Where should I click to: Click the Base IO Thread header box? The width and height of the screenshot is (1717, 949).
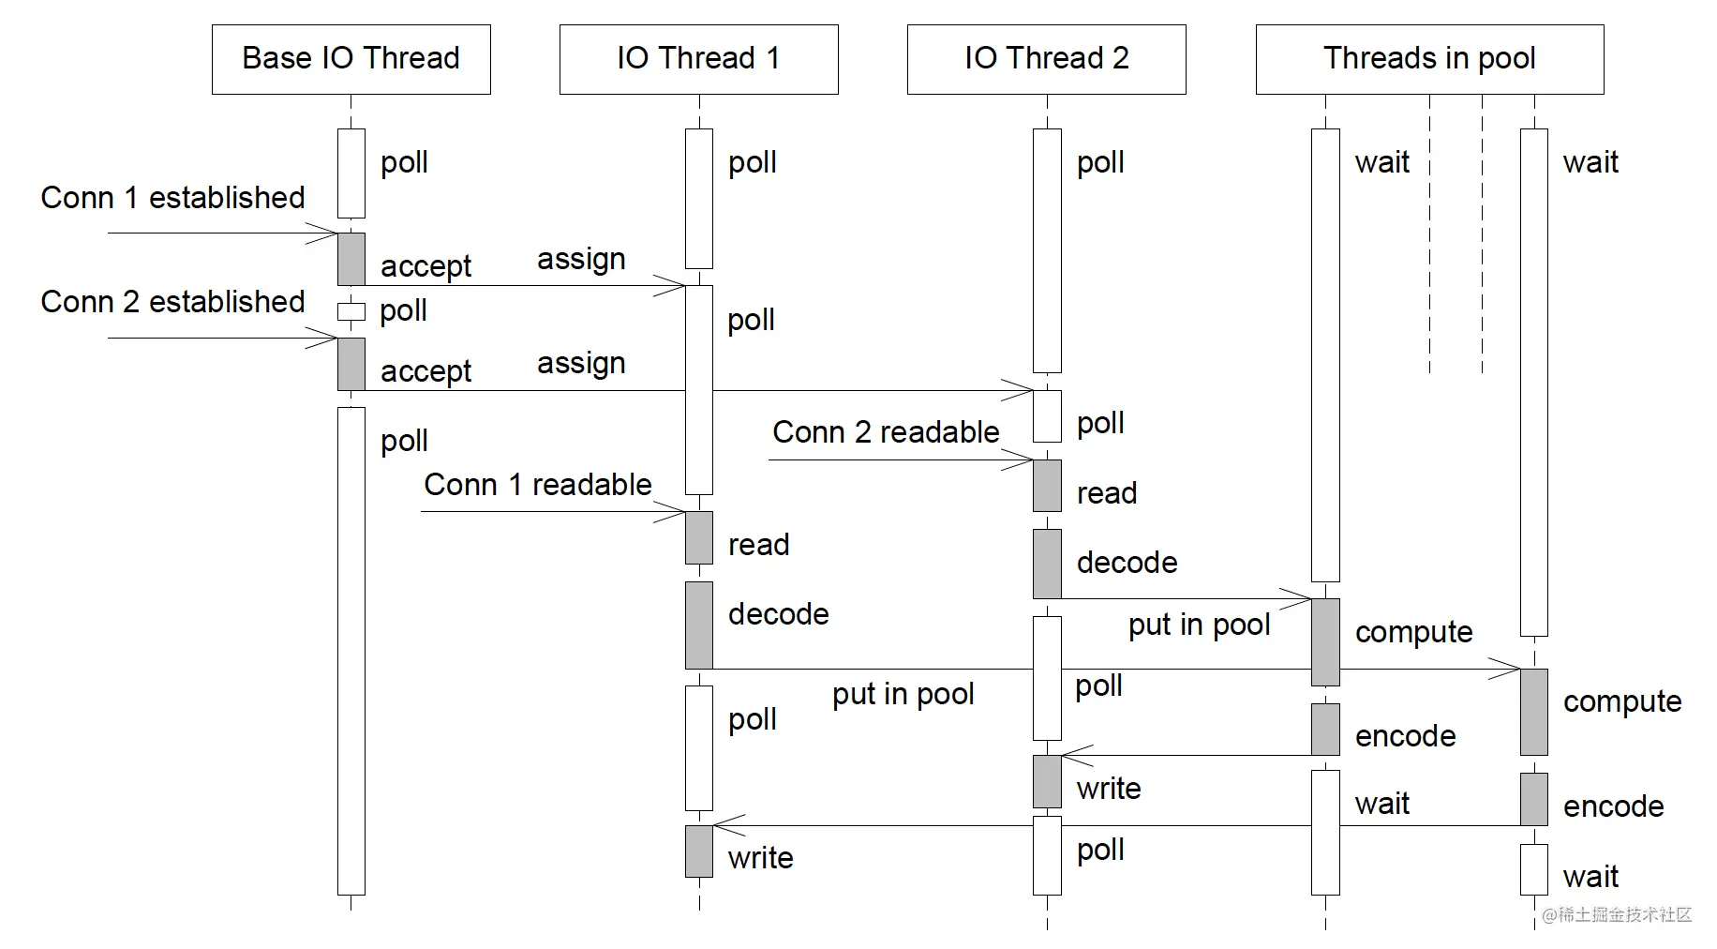351,59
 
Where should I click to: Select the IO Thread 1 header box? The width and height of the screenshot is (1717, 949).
698,59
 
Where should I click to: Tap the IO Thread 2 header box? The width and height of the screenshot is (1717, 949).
1046,59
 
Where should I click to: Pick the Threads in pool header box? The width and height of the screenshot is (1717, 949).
1429,59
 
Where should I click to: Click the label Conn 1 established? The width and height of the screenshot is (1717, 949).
172,198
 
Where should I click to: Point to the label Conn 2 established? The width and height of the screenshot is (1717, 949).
172,302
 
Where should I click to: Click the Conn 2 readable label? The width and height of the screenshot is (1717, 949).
886,432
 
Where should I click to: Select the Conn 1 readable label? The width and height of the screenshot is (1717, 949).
537,485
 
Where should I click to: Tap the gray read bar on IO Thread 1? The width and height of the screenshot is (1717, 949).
699,537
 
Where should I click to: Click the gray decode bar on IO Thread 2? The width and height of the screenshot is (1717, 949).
1047,564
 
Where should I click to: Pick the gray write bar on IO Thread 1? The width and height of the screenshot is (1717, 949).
699,851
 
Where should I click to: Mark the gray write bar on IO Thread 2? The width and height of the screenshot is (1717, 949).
1047,781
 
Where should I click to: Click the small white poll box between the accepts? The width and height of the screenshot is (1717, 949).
351,312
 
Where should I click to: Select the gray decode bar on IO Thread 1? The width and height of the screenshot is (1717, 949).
699,625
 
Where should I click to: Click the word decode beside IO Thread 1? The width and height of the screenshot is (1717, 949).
778,614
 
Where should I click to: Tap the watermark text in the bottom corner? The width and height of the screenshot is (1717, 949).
1617,914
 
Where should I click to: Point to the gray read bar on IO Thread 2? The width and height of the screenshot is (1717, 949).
1047,486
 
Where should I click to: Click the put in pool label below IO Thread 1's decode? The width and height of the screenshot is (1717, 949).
903,695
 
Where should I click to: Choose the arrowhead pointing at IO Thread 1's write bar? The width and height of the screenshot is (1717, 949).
727,825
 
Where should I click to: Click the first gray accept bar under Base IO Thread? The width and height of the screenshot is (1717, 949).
351,259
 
